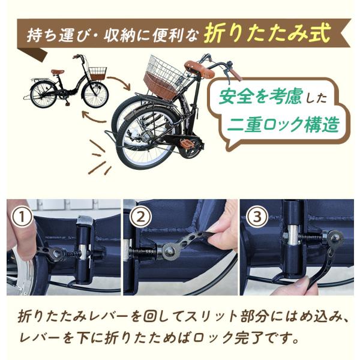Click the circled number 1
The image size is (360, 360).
tap(22, 217)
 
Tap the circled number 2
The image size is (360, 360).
tap(141, 217)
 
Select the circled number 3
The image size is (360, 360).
tap(257, 217)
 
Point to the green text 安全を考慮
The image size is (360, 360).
tap(260, 97)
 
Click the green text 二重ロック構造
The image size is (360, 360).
tap(283, 124)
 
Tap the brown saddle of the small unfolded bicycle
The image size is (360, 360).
tap(58, 72)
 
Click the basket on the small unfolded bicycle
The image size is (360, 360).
tap(97, 73)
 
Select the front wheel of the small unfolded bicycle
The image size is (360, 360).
tap(95, 94)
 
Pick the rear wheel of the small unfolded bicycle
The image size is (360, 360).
tap(44, 95)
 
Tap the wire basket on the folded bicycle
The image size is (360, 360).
tap(166, 77)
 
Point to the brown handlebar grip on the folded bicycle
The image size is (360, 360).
tap(235, 74)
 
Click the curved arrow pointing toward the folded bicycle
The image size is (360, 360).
tap(120, 83)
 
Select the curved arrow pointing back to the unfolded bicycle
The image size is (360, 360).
tap(94, 117)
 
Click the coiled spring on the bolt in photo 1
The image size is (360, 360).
tap(73, 254)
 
